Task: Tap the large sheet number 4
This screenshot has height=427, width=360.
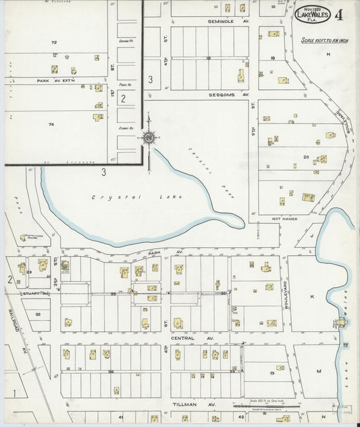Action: coord(337,15)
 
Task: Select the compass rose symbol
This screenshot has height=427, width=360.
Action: coord(149,138)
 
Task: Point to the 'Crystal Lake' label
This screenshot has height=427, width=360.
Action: coord(118,197)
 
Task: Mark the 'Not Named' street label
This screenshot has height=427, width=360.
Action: coord(284,219)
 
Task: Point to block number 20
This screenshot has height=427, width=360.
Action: coord(306,157)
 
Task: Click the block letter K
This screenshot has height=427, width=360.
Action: coord(312,296)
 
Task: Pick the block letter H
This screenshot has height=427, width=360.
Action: coord(328,53)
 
